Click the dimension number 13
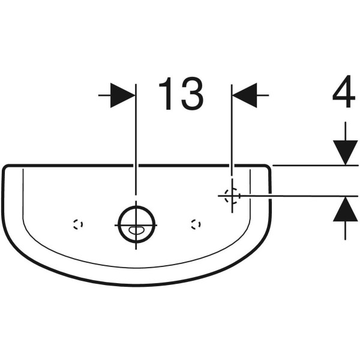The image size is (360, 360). coord(181,93)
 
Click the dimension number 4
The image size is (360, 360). coord(344,91)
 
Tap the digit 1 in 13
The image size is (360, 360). coord(166,94)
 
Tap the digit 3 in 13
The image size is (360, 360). coord(193,93)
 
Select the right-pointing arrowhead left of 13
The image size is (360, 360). coord(122,95)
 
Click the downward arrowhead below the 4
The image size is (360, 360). coord(346,152)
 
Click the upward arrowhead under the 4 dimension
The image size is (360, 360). coord(346,209)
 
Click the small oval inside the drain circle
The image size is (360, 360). coord(136,230)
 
